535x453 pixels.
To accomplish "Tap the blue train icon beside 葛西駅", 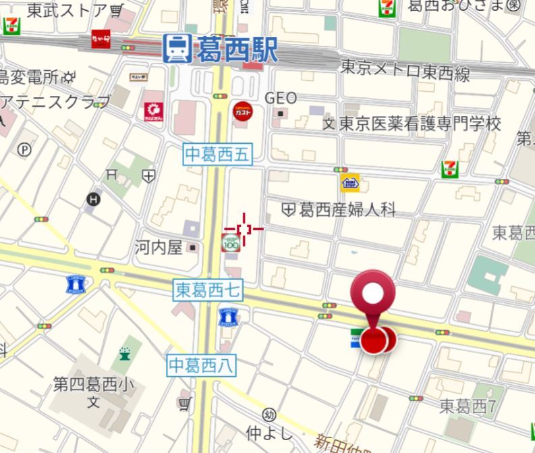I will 177,49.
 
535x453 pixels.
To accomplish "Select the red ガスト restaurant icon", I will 244,111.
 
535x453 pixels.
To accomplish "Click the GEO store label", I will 281,98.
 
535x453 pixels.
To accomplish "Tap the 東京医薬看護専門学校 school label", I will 420,124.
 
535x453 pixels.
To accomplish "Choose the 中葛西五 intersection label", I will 217,155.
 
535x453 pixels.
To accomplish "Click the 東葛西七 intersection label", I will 207,290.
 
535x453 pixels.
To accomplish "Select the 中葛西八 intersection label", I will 201,365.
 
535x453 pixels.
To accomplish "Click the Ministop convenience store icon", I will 349,182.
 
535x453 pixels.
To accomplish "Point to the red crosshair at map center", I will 244,230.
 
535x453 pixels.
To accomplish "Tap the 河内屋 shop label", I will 159,247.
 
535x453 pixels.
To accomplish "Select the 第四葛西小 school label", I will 94,385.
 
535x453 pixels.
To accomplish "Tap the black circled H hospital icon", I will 93,199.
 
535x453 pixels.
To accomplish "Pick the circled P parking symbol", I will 25,150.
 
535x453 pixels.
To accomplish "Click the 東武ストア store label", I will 66,9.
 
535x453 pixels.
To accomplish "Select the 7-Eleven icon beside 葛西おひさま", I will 387,8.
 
